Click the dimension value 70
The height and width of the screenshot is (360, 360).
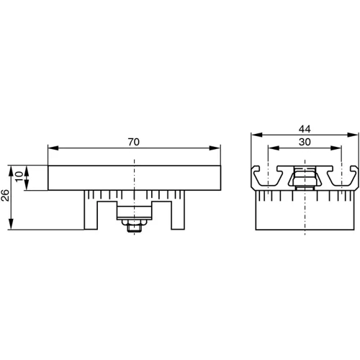point(133,143)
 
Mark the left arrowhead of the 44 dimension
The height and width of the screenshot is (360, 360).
point(254,135)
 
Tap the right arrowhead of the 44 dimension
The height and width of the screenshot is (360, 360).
point(354,135)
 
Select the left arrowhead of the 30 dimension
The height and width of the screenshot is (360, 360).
point(271,149)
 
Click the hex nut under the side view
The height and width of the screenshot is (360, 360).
point(133,226)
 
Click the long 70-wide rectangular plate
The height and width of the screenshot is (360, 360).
point(133,179)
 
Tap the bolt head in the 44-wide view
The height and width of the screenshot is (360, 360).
point(304,176)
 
